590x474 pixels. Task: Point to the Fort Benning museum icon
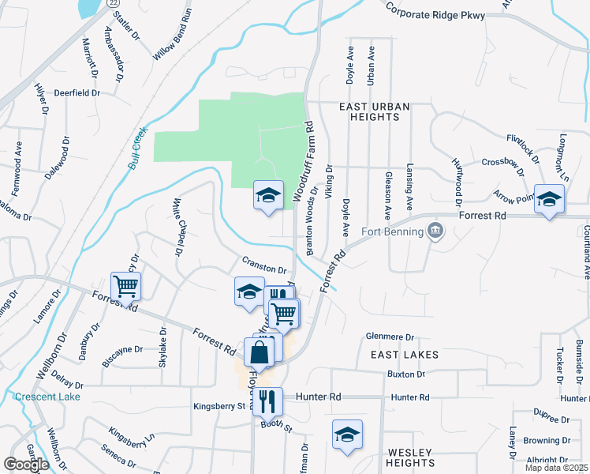435,231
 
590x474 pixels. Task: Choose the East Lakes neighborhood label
405,355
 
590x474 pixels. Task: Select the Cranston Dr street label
263,269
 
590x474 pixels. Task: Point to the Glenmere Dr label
390,337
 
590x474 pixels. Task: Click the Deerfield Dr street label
77,92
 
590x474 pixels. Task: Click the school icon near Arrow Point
548,200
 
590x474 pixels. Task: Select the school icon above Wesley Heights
346,435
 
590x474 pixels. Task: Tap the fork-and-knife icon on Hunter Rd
268,401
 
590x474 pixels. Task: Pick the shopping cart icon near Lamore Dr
126,286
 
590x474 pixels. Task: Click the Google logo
26,465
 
